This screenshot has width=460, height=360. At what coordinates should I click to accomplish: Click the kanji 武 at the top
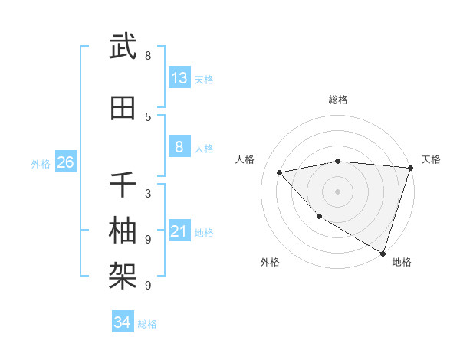point(123,47)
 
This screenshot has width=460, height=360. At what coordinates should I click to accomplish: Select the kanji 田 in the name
point(123,108)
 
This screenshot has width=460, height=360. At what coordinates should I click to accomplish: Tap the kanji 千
point(123,184)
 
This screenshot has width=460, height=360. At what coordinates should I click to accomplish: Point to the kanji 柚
point(123,230)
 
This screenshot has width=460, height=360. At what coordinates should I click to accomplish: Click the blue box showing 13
point(179,78)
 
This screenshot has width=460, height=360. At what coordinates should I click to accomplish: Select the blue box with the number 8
point(179,147)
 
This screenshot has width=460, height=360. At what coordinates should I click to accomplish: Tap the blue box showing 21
point(179,231)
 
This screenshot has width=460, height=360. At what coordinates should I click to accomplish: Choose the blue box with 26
point(65,162)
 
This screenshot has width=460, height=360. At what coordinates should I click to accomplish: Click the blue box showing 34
point(123,323)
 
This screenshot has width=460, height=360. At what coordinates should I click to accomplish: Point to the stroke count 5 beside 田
point(148,116)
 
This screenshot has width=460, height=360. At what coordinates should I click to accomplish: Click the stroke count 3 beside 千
point(148,193)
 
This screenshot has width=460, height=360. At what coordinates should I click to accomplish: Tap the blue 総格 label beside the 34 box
point(147,324)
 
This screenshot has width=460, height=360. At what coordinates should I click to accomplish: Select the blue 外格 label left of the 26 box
point(41,163)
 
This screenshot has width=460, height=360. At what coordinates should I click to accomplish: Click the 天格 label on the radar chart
point(431,159)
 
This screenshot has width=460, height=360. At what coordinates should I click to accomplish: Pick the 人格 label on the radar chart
point(245,159)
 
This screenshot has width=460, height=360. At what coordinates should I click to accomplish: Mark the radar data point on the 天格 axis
point(410,168)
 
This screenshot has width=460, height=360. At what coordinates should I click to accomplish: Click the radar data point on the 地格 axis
point(383,253)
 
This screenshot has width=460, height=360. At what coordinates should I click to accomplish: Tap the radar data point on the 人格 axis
point(280,172)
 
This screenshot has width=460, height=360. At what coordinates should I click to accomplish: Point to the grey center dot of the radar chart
point(337,191)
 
